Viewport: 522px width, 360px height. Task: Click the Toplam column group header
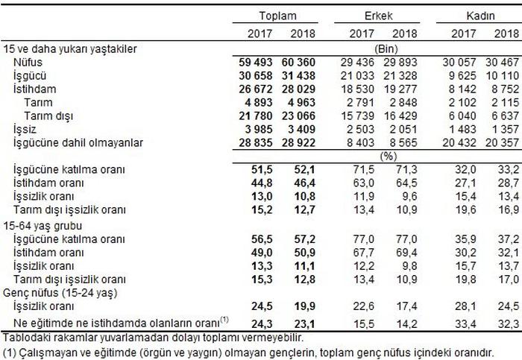277,16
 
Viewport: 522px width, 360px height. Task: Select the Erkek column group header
379,16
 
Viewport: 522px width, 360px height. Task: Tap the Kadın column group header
481,16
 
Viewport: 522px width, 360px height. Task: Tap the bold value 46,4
305,180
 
